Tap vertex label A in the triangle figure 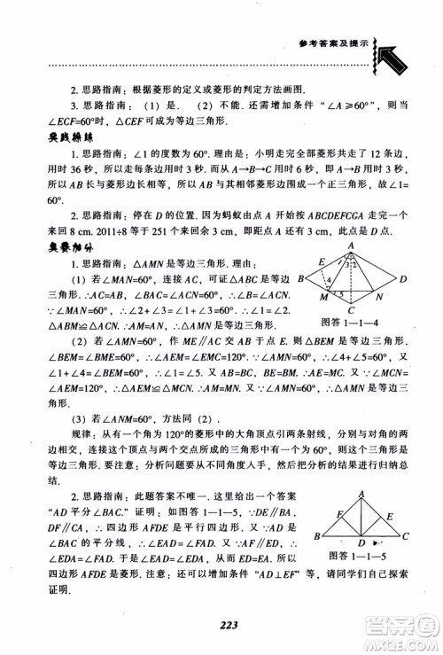(x=361, y=495)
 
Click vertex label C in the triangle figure (x=406, y=537)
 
